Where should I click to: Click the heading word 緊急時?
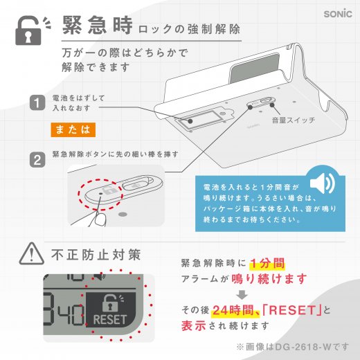98,28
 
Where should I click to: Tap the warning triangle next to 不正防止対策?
30,252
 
